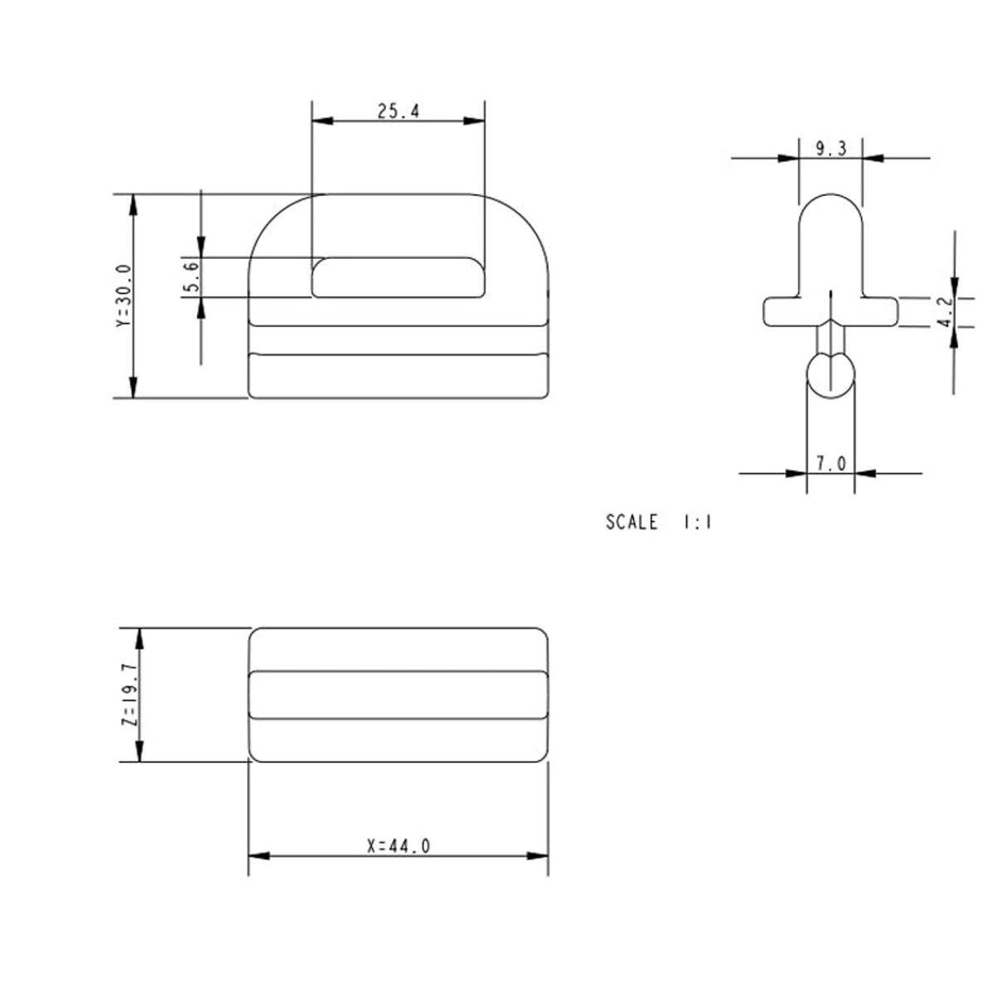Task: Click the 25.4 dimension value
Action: [398, 111]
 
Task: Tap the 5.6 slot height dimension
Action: [190, 276]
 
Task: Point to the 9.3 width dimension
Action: [830, 149]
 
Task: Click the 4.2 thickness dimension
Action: [946, 311]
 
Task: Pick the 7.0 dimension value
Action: [830, 463]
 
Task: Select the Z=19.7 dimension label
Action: [129, 694]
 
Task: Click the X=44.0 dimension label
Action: [399, 846]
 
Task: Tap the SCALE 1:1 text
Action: [658, 522]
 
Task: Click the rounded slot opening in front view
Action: [398, 276]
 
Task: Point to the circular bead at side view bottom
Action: [830, 374]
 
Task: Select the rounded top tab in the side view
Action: [830, 241]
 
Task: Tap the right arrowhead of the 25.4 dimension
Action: [474, 121]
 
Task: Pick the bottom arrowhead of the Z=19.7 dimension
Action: [139, 751]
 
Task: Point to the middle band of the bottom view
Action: [399, 693]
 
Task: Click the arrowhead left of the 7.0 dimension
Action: [796, 473]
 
